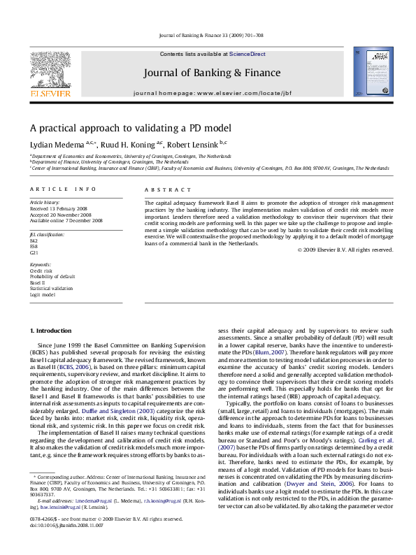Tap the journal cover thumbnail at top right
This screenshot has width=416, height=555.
click(x=368, y=73)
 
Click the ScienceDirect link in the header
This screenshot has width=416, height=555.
click(x=248, y=55)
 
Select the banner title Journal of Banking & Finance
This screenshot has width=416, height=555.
click(x=212, y=73)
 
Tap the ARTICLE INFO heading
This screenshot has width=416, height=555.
click(x=63, y=189)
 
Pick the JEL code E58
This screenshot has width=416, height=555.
click(x=33, y=247)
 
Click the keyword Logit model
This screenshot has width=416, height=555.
click(x=43, y=294)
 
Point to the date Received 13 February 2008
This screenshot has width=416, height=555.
click(x=57, y=208)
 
